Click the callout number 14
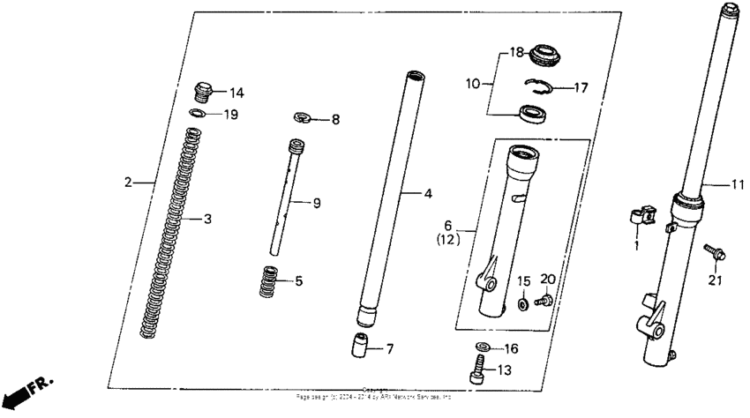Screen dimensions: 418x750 (236, 93)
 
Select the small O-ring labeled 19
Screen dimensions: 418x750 (201, 114)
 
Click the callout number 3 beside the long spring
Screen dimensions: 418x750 (208, 219)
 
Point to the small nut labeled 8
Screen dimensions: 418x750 (302, 116)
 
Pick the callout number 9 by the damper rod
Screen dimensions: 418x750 (316, 204)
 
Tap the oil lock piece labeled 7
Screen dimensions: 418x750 (358, 346)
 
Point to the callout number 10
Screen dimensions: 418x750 (473, 84)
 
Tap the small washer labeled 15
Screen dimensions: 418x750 (523, 303)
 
